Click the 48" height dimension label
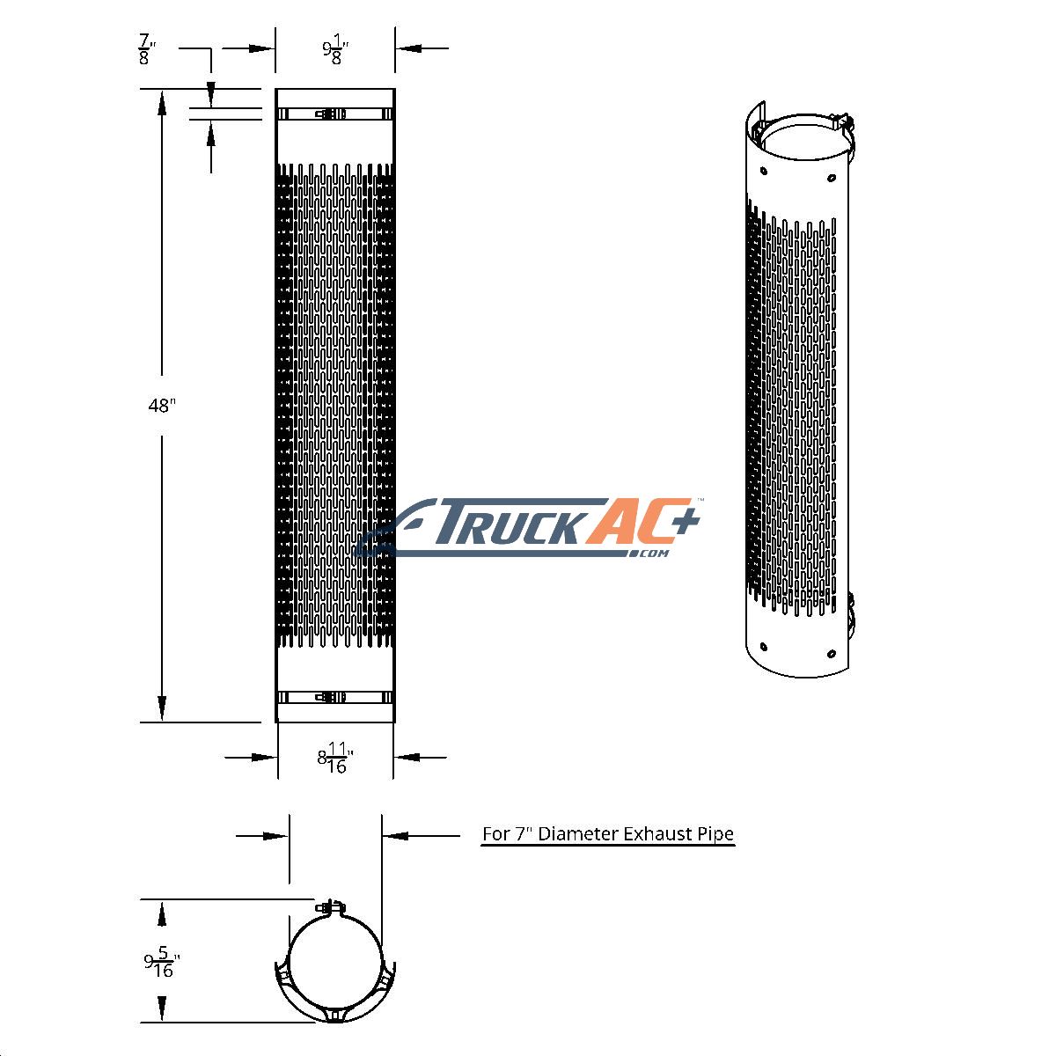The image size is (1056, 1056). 162,406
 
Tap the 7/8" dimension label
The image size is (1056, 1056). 146,49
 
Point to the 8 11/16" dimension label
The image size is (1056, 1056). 334,758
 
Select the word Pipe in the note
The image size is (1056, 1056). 715,835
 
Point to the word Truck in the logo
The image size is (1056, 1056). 510,522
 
